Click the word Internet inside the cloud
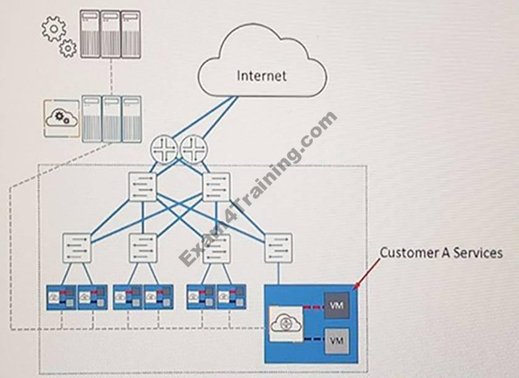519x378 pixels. pos(262,75)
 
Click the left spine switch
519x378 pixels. pos(143,185)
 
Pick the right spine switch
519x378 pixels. pos(216,185)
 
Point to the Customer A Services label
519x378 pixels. pos(440,252)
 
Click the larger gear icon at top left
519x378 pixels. pos(53,28)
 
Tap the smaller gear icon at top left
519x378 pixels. pos(67,48)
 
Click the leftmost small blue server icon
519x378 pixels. pos(61,297)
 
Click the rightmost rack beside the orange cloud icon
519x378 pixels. pos(130,118)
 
